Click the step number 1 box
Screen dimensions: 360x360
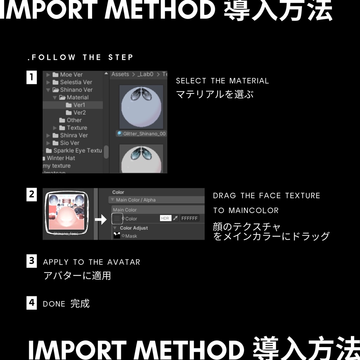click(32, 77)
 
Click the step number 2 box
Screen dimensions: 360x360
click(32, 194)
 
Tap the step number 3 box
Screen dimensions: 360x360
click(32, 261)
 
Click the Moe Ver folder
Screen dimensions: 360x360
click(71, 75)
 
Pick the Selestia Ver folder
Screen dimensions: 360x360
click(76, 82)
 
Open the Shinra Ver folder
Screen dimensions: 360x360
click(73, 135)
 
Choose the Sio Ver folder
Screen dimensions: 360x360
click(69, 143)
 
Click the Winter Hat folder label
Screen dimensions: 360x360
click(60, 158)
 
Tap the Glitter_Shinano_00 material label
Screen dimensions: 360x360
click(144, 134)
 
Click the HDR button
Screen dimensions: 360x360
click(165, 218)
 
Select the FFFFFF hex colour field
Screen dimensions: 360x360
click(190, 218)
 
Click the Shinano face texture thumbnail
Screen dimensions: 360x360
click(67, 213)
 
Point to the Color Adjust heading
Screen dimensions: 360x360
click(134, 228)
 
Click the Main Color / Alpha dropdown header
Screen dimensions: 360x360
click(136, 200)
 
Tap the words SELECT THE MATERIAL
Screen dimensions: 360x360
click(222, 81)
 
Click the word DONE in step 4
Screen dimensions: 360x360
click(54, 304)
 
